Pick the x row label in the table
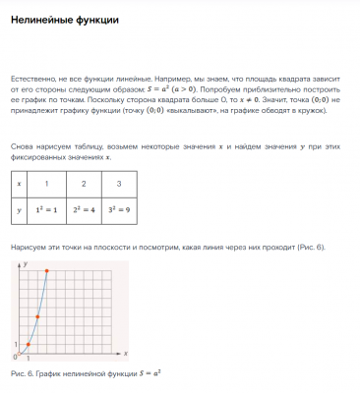(18, 184)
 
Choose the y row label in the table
(18, 209)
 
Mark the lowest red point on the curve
(29, 344)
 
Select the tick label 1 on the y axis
(15, 344)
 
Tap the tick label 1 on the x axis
(29, 359)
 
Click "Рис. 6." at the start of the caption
(20, 374)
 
